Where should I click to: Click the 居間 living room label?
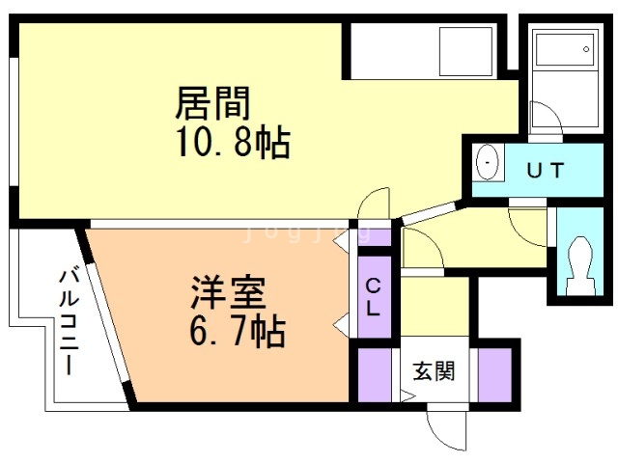pos(212,103)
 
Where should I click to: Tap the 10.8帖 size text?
pos(234,142)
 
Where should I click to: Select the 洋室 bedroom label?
pos(228,292)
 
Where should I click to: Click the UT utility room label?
pos(546,170)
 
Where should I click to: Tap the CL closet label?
pos(373,297)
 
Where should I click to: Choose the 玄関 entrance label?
pos(434,370)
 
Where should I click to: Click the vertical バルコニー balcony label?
pos(69,321)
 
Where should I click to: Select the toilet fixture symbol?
pos(580,266)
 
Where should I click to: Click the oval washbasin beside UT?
pos(487,163)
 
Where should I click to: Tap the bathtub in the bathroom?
pos(564,49)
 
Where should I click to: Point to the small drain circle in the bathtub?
pos(586,49)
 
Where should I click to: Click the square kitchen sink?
pos(465,51)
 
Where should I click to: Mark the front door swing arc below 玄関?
pos(439,438)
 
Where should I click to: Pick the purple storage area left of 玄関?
pos(375,375)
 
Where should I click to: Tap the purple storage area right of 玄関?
pos(494,375)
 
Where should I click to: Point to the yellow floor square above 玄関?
pos(435,307)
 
